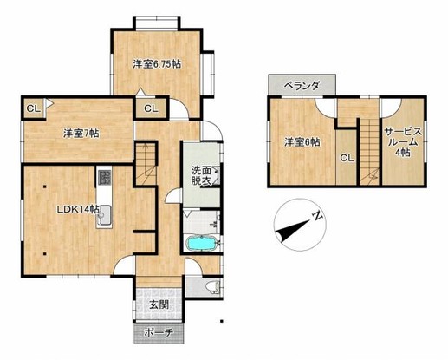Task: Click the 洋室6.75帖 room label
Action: click(157, 64)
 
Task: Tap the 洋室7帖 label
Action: click(81, 134)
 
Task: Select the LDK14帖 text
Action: click(78, 209)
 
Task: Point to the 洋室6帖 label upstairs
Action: click(302, 142)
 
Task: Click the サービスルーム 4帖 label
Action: click(403, 142)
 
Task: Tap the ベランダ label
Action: click(302, 86)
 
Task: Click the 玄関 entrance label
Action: click(159, 304)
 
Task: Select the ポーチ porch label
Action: click(159, 332)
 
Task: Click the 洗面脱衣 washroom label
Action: click(201, 175)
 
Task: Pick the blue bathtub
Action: click(201, 244)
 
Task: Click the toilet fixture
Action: click(213, 287)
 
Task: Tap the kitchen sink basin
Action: click(104, 216)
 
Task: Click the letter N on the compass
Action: click(317, 216)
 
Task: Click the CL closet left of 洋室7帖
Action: click(33, 108)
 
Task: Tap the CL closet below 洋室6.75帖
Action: click(151, 108)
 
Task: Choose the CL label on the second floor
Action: click(347, 158)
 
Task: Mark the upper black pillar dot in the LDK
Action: click(45, 187)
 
